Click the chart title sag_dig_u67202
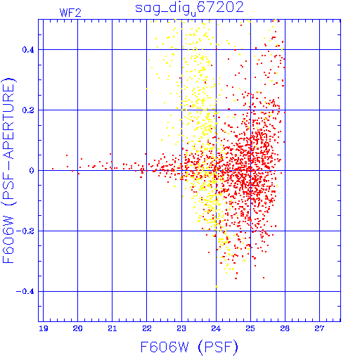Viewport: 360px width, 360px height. (x=189, y=8)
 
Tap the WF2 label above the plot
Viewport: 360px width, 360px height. (x=70, y=13)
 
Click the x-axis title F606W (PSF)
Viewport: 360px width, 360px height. (x=189, y=347)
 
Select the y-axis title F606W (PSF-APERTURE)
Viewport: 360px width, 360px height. (x=8, y=171)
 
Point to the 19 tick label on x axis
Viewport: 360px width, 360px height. (x=44, y=328)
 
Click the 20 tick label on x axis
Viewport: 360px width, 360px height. (x=77, y=328)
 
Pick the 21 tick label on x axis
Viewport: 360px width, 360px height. (x=112, y=328)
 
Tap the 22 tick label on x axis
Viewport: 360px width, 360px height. (x=147, y=328)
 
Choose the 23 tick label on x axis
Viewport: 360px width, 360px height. (x=181, y=328)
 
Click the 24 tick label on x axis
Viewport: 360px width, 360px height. (x=216, y=328)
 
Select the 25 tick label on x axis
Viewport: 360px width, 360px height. (x=250, y=328)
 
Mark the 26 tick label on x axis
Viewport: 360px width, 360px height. (x=285, y=328)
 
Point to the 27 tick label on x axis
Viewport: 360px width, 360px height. (x=319, y=328)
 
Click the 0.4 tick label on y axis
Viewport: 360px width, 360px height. (x=28, y=50)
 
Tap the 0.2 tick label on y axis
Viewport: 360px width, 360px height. (x=28, y=110)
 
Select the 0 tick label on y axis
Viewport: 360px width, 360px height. (x=32, y=171)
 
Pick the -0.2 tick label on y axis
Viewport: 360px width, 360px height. (x=25, y=231)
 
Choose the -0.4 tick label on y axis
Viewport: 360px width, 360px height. (x=25, y=292)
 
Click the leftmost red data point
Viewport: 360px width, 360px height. (x=53, y=169)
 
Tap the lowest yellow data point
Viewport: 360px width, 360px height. (x=217, y=286)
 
